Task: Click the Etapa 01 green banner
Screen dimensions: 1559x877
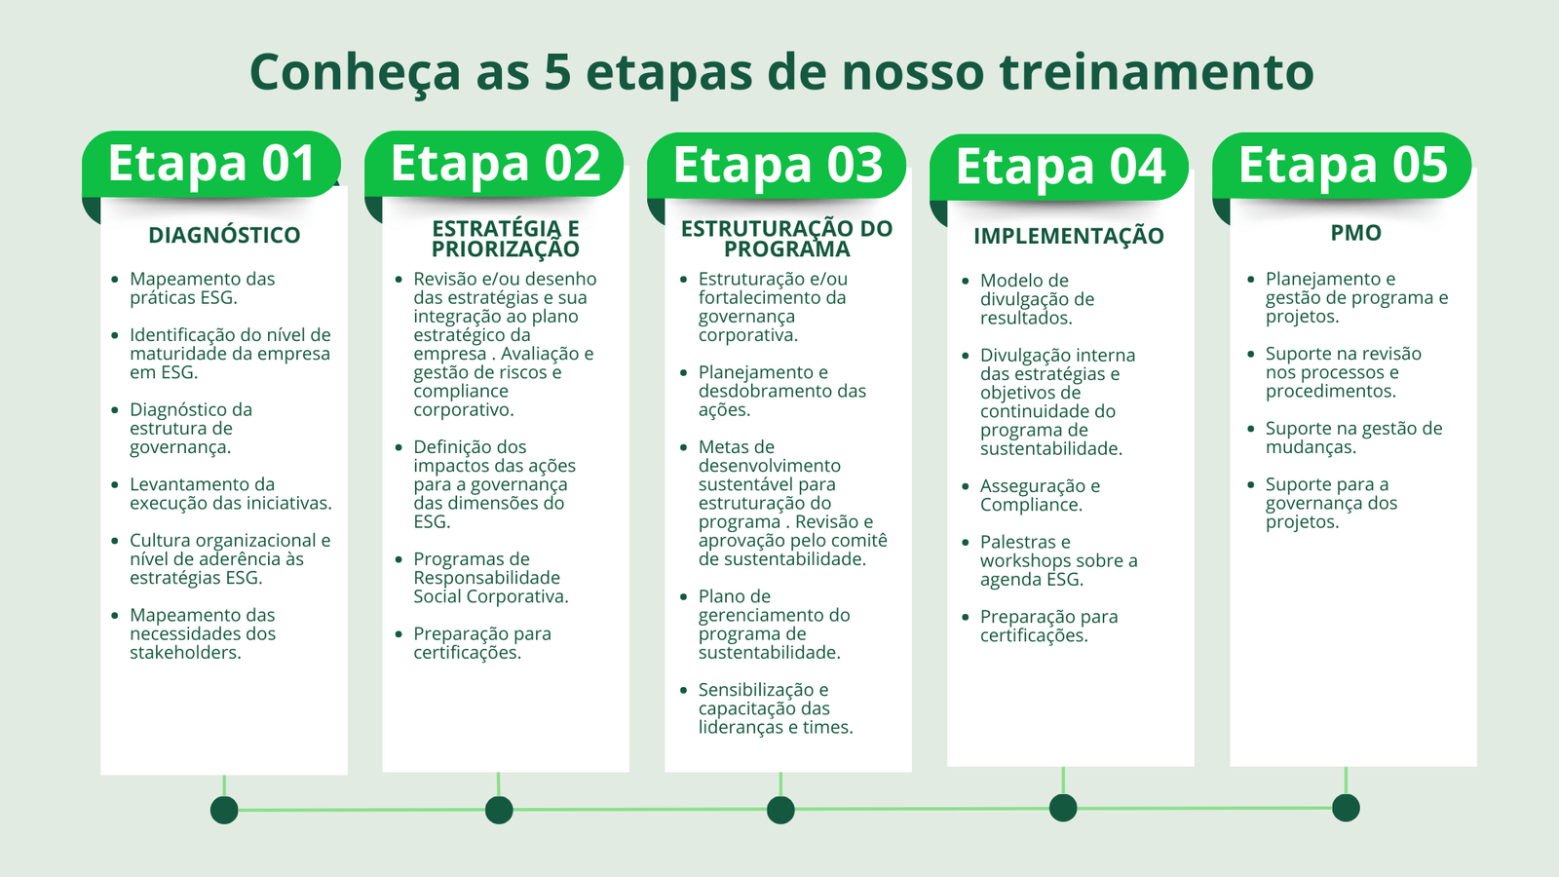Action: coord(210,165)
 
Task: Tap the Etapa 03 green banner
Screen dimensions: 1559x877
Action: coord(777,166)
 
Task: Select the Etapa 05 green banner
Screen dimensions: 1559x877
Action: coord(1342,166)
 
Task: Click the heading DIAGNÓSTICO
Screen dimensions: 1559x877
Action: coord(224,235)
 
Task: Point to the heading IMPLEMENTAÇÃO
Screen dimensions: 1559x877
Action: coord(1068,236)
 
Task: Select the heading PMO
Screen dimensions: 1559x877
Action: coord(1355,233)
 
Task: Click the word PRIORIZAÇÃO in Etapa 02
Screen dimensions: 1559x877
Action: coord(506,249)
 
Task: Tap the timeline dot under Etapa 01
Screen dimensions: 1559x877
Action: coord(224,810)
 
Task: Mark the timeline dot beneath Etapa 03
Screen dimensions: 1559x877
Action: coord(780,810)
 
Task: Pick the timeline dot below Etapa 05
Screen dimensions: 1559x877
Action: coord(1346,808)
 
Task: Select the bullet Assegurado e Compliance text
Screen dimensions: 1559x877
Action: coord(1041,495)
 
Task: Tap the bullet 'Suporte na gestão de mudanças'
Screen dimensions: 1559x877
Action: coord(1353,438)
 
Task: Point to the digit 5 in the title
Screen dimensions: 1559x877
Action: coord(557,72)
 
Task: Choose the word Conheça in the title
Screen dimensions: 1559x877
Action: coord(355,73)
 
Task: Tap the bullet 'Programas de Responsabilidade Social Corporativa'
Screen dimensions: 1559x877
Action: coord(491,578)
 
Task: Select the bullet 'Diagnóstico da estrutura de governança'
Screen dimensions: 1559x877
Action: coord(191,428)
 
